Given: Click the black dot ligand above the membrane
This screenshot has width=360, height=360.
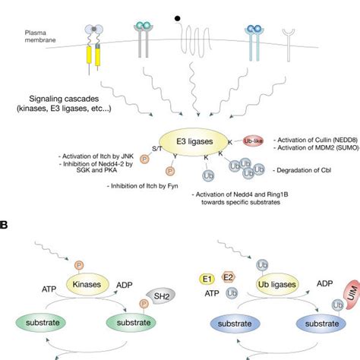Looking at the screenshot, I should click(x=178, y=15).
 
